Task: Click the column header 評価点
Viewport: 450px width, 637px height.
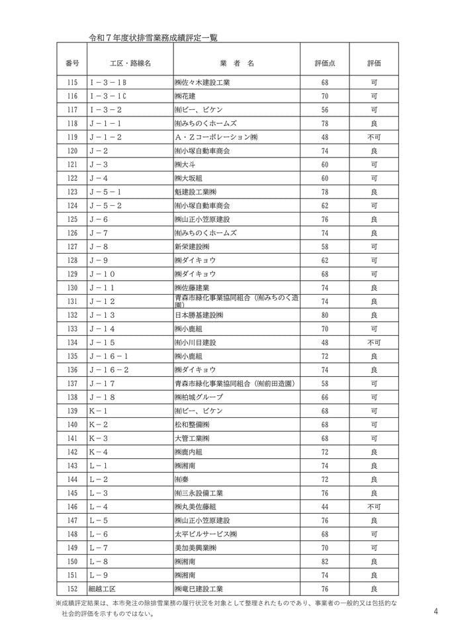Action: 325,63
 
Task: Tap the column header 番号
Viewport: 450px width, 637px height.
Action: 73,63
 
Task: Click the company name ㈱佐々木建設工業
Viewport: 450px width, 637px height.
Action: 202,83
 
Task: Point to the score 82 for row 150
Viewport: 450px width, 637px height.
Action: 325,562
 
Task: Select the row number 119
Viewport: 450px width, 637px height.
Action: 73,137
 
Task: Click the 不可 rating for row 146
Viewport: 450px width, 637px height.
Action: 374,507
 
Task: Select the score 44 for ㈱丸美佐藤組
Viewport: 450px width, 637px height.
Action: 325,507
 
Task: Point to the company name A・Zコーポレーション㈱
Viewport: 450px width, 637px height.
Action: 216,137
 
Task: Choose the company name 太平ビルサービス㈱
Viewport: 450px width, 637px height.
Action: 206,534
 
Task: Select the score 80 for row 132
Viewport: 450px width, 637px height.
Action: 325,315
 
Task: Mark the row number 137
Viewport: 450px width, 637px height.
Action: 73,383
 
